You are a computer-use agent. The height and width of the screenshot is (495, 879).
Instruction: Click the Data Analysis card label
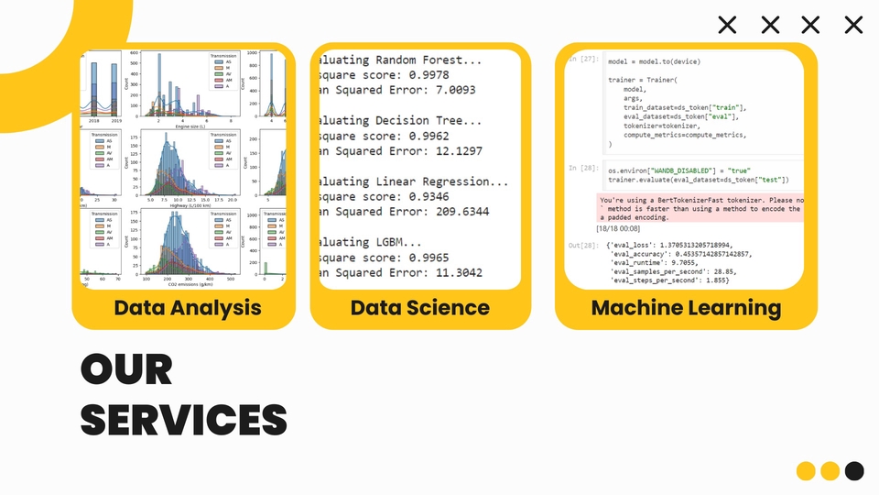click(x=187, y=307)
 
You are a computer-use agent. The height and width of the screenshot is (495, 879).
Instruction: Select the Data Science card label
click(x=420, y=307)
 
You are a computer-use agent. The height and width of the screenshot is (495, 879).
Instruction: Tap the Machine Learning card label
click(x=686, y=307)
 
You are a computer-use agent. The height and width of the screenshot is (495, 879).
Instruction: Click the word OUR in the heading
click(x=126, y=370)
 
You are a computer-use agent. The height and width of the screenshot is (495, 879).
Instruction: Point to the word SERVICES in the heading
click(x=183, y=419)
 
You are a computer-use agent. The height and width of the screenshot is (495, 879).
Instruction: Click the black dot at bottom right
click(x=853, y=471)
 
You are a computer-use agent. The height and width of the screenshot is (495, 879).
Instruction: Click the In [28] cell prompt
click(x=582, y=169)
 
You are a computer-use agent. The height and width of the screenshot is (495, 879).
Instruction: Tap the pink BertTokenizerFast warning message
click(x=700, y=208)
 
